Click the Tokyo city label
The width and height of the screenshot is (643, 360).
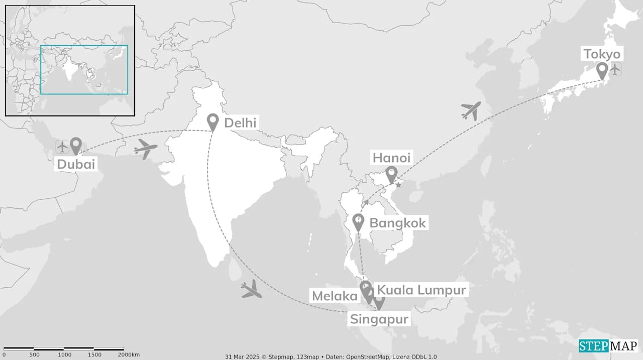coord(602,54)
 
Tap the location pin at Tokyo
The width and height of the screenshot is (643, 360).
coord(602,70)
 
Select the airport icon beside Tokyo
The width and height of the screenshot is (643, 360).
coord(615,70)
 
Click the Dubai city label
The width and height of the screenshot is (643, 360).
coord(76,164)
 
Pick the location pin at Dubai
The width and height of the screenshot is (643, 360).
coord(76,146)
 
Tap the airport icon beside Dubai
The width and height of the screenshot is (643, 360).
coord(62,147)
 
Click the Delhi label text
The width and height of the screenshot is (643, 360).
coord(240,123)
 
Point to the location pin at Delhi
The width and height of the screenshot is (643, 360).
coord(213,122)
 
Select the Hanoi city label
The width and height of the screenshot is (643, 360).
coord(391,158)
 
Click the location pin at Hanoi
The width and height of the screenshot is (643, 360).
coord(391,175)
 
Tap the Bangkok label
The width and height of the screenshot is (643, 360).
coord(397,223)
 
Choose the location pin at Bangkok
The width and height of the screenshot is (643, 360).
coord(358,221)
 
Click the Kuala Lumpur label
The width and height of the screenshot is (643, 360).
coord(421,290)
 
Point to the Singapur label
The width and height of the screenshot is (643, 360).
coord(379,319)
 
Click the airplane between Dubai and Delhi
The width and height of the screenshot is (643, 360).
coord(146,149)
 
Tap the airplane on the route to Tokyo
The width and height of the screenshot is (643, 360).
coord(471,110)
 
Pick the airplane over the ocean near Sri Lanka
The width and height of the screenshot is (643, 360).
coord(251,290)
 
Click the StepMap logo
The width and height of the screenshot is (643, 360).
coord(607,346)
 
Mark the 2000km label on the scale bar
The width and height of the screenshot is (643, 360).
coord(129,355)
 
